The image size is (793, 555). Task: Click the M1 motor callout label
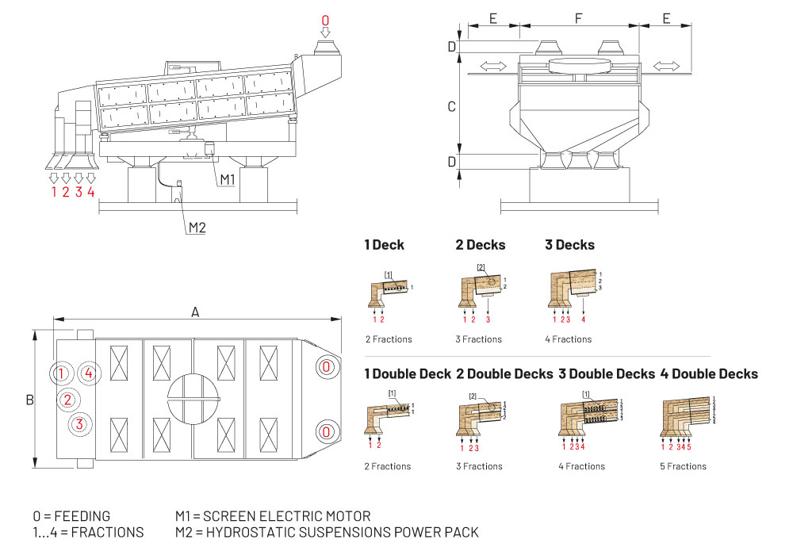[228, 180]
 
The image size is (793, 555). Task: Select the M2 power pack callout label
[197, 228]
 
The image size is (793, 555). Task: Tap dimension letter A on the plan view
[195, 312]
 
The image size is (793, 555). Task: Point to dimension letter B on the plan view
[29, 400]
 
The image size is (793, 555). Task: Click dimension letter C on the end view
[452, 106]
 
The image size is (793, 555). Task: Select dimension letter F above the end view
[577, 16]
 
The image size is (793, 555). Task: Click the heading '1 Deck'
[384, 245]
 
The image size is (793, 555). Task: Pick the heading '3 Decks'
[569, 245]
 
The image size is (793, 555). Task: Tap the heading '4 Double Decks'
[709, 373]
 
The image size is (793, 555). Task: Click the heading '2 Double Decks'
[504, 373]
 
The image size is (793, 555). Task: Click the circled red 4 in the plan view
[90, 373]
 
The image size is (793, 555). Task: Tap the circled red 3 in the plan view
[79, 424]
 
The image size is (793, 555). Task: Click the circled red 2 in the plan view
[68, 400]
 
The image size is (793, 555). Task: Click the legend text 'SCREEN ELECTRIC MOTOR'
[288, 517]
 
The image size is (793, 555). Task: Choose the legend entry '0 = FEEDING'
[71, 517]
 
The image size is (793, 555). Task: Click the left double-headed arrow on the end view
[494, 66]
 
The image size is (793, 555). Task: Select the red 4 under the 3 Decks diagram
[583, 320]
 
